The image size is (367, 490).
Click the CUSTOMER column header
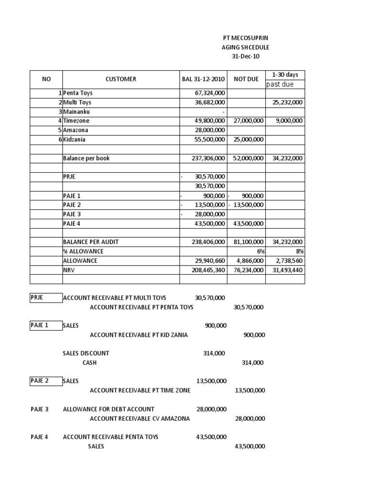tap(121, 79)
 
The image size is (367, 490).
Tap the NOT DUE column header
tap(246, 79)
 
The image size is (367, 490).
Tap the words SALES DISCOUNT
tap(86, 353)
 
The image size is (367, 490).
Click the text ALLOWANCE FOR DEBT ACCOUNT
tap(108, 409)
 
